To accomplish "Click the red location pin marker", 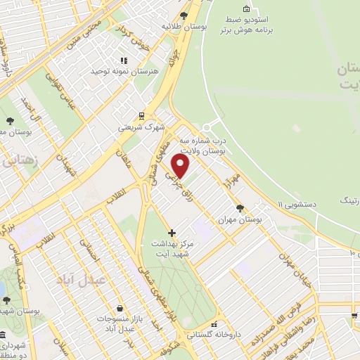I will [181, 167].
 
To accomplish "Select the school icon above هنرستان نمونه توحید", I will [124, 60].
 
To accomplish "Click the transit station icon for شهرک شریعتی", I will [141, 116].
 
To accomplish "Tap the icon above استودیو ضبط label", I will [246, 8].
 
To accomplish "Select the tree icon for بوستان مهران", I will [241, 208].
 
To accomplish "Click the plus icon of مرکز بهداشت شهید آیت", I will [172, 232].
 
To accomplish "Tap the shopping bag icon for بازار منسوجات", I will [121, 309].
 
